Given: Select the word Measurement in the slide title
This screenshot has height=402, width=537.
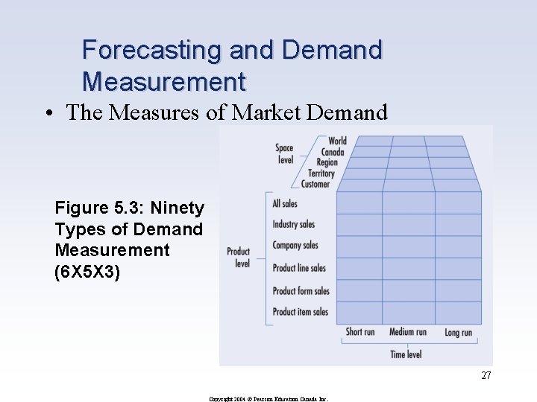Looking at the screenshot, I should [164, 79].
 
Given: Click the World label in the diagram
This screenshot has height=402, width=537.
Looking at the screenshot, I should [337, 141].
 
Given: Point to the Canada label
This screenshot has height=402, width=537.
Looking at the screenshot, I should [333, 152].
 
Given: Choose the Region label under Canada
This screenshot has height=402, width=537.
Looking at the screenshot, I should [327, 162].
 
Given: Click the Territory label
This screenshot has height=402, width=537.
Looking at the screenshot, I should [321, 173].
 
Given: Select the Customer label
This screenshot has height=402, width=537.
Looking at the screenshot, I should [315, 183].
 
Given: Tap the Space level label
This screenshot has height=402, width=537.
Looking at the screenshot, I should [284, 154].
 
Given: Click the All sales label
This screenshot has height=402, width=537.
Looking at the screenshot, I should [285, 203].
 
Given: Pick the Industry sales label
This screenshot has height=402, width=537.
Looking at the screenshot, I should [293, 224].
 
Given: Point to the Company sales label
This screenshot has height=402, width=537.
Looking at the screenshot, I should [295, 245].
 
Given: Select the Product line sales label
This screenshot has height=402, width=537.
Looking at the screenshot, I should [299, 268].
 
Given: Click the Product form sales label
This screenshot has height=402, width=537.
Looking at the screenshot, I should [301, 290].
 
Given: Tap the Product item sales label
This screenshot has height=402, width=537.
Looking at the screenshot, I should [300, 312].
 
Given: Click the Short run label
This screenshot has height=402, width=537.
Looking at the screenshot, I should [359, 332].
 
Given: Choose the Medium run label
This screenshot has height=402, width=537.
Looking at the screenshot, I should [407, 332].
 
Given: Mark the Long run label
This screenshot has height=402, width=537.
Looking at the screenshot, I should [458, 333].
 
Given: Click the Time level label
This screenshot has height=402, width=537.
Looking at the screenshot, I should [406, 354].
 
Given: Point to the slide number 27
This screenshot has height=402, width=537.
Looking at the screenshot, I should [486, 376].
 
